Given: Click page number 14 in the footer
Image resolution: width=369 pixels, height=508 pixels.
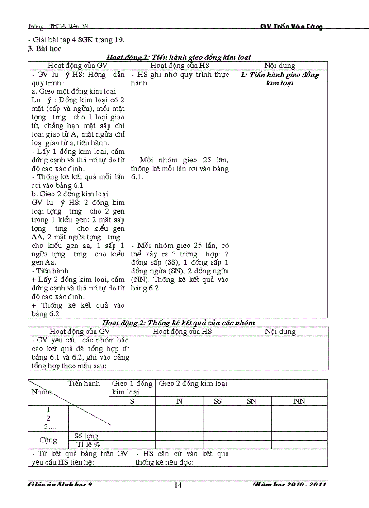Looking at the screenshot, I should pyautogui.click(x=178, y=485).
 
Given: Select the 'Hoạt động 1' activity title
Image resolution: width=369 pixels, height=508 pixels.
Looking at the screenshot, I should pyautogui.click(x=178, y=57).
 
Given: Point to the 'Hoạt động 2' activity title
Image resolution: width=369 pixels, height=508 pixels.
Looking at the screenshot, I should pyautogui.click(x=178, y=323).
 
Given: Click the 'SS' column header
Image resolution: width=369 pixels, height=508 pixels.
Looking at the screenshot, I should pyautogui.click(x=217, y=401).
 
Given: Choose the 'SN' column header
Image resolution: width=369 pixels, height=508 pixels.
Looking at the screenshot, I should pyautogui.click(x=251, y=401).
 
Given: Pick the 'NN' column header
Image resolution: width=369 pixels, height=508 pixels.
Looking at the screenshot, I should pyautogui.click(x=299, y=401).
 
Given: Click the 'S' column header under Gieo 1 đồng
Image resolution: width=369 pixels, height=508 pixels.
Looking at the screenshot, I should pyautogui.click(x=132, y=401).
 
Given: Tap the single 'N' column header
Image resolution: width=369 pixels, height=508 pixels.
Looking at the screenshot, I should pyautogui.click(x=179, y=401).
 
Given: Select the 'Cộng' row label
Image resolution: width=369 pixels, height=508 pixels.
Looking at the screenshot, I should pyautogui.click(x=48, y=440).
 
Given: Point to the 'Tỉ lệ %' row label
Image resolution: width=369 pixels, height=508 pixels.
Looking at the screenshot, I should pyautogui.click(x=88, y=444).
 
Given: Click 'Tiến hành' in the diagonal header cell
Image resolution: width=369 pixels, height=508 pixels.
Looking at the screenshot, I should pyautogui.click(x=84, y=384).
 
